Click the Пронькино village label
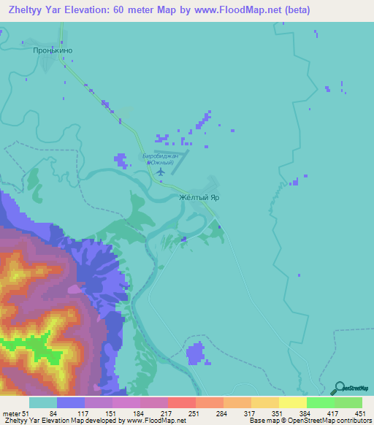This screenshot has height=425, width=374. pos(55,51)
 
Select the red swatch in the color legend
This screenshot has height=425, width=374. pos(181,403)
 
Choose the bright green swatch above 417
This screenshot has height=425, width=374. pos(320,403)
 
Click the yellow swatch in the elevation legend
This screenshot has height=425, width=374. pos(292,403)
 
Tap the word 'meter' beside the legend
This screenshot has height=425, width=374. pos(11,414)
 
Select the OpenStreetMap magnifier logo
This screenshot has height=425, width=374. pos(339,388)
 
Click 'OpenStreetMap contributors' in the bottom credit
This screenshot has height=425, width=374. pos(332,421)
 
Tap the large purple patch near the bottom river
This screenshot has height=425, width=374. pos(196,353)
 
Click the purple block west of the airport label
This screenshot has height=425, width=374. pos(121,159)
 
